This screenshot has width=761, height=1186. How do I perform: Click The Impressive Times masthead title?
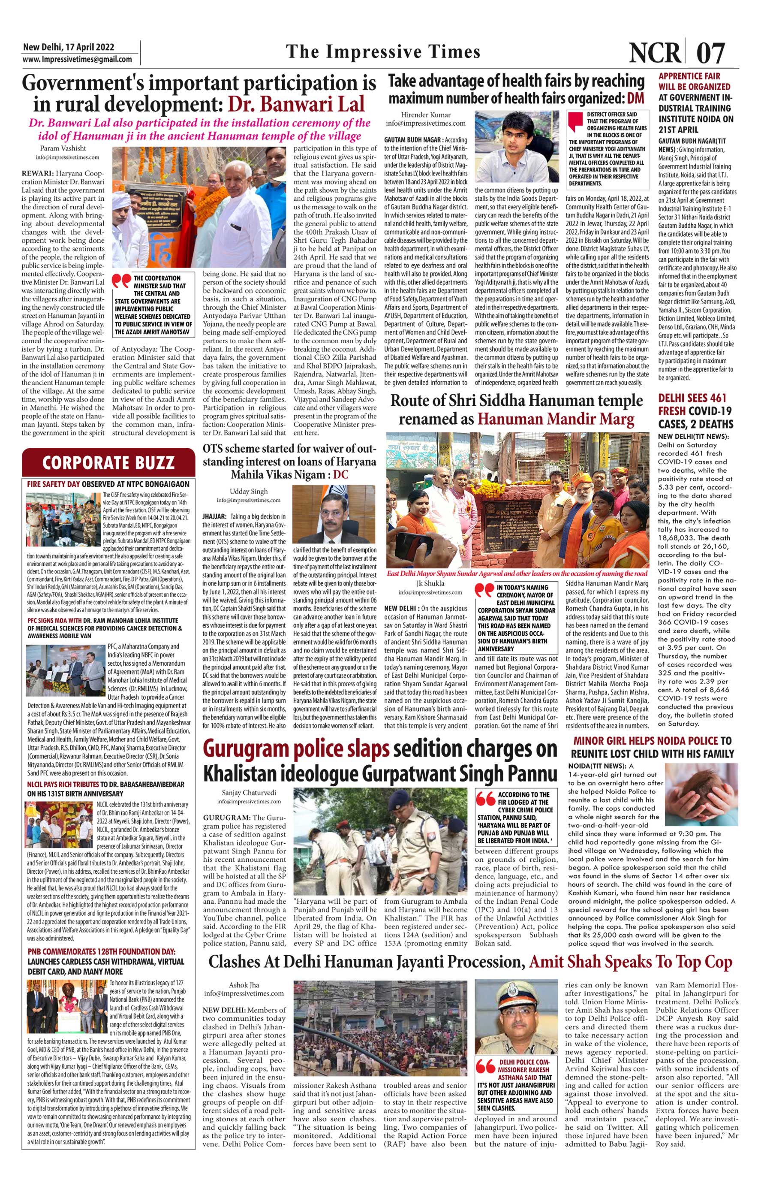383,51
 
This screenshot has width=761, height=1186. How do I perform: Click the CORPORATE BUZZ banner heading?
108,462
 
